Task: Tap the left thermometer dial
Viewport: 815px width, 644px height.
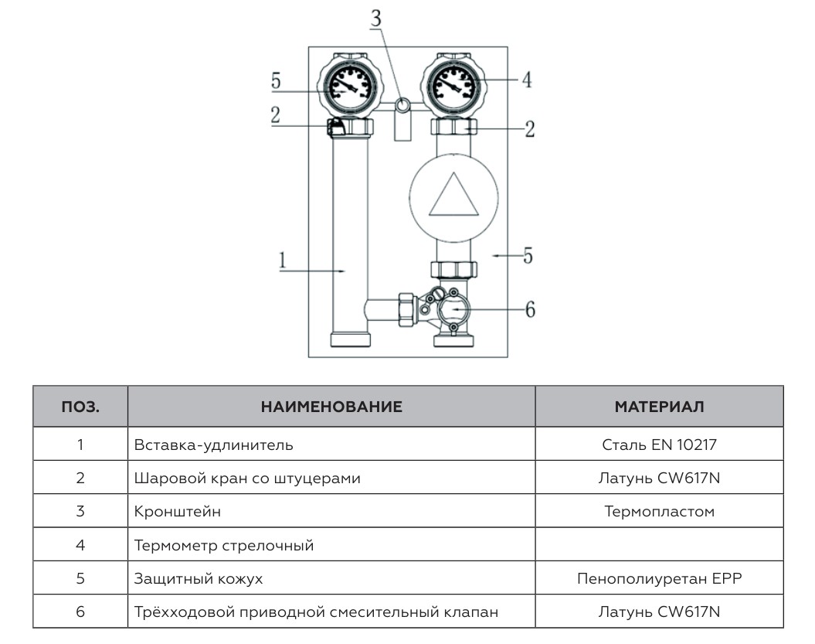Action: [x=350, y=83]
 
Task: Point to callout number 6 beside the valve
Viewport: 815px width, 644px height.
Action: [x=529, y=309]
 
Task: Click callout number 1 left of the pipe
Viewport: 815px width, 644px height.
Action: [x=284, y=261]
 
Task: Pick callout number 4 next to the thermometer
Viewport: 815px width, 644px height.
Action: [x=526, y=80]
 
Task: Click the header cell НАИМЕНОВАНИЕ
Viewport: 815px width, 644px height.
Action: [x=331, y=407]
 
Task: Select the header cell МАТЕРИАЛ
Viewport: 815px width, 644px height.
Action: [x=659, y=407]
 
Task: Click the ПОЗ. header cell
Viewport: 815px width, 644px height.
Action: [x=80, y=407]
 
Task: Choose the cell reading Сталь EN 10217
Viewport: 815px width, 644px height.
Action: [x=659, y=445]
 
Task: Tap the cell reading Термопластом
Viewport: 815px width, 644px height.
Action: [x=659, y=511]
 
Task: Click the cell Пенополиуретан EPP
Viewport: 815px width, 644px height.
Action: [x=659, y=578]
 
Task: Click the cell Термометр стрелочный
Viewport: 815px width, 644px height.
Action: [x=224, y=545]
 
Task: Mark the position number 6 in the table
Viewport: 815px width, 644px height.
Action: [x=80, y=612]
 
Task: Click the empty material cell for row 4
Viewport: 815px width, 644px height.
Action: [x=659, y=545]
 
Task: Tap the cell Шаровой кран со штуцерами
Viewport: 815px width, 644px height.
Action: [x=247, y=478]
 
